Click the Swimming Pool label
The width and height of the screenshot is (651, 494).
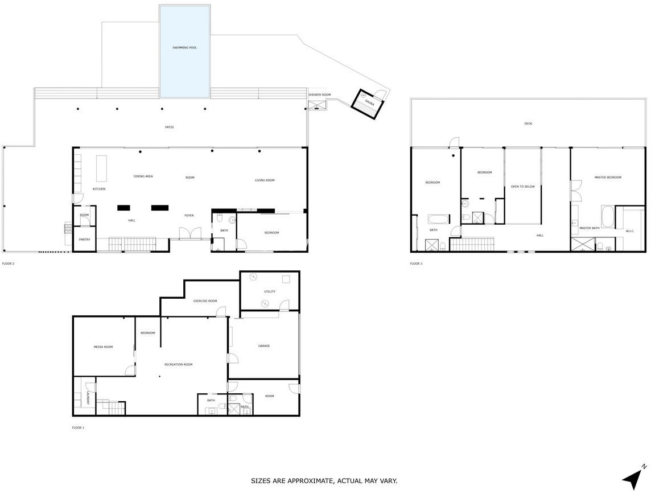click(185, 48)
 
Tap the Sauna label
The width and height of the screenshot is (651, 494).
click(369, 102)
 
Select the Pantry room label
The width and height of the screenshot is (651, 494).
click(85, 240)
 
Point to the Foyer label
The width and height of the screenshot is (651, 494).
click(189, 216)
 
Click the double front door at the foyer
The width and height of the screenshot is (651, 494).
click(190, 233)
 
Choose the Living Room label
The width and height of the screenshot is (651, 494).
click(265, 180)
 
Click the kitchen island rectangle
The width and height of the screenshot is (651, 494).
click(101, 168)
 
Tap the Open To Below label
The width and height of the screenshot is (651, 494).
click(523, 187)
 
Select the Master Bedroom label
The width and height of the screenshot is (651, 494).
click(608, 177)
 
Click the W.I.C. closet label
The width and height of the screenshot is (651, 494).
click(630, 231)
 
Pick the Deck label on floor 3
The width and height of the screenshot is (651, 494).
click(528, 124)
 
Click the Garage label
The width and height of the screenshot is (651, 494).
click(264, 346)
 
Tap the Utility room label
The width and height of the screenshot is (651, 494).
click(270, 291)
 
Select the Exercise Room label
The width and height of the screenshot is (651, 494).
click(205, 301)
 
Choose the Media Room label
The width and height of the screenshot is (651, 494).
click(103, 347)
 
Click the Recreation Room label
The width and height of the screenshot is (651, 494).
click(179, 364)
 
